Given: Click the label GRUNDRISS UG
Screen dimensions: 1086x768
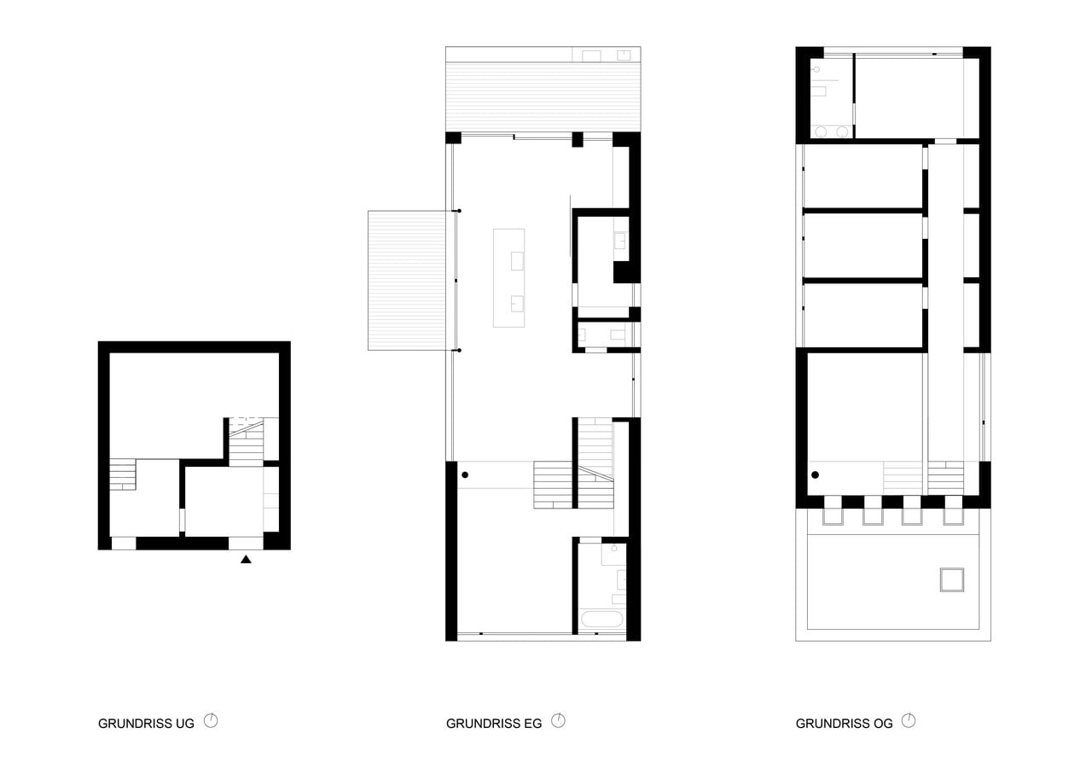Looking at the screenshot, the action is coord(146,724).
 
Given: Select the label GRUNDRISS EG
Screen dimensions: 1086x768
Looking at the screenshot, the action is coord(494,724).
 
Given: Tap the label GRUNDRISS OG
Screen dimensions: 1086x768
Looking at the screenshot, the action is coord(844,724).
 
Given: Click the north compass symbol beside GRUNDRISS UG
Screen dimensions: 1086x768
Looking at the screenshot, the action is coord(211,721).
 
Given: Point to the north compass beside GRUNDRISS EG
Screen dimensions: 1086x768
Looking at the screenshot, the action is coord(559,721).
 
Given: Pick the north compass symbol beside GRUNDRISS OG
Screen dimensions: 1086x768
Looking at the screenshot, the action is coord(909,721).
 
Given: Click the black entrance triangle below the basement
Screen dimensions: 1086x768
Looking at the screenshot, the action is coord(246,560).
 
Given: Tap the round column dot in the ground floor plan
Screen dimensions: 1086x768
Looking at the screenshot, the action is coord(465,475).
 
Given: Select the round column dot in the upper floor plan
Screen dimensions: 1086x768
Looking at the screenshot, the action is coord(815,475).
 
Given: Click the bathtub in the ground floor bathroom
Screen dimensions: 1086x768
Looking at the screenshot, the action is coord(602,620).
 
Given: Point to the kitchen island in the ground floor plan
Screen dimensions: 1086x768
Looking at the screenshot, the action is coord(509,278).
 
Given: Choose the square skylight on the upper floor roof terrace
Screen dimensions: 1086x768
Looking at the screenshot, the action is coord(952,580).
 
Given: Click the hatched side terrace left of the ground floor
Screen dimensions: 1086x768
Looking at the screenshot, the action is coord(407,280).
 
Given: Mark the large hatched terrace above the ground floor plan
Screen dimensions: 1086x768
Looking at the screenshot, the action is coord(543,89).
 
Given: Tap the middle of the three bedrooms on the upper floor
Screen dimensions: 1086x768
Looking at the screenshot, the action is coord(863,246).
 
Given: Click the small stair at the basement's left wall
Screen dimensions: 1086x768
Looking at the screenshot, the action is coord(123,474).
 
